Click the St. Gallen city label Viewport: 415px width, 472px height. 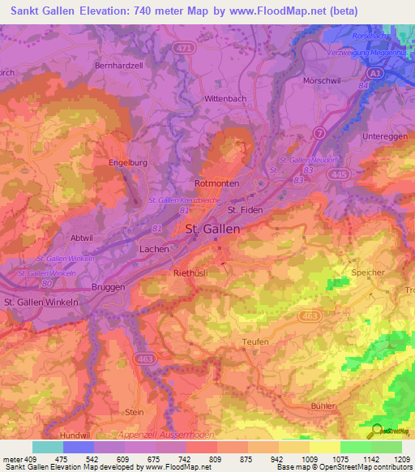(x=213, y=230)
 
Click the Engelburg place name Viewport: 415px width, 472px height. (x=126, y=162)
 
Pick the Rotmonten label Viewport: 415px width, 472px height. (x=217, y=184)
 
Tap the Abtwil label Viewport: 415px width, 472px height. (x=83, y=238)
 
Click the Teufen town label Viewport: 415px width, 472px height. (x=255, y=343)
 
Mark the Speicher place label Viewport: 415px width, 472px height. (x=368, y=272)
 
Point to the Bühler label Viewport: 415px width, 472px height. (x=322, y=405)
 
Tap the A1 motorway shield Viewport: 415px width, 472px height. (x=374, y=73)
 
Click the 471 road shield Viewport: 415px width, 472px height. (x=185, y=49)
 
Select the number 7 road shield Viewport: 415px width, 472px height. (x=320, y=131)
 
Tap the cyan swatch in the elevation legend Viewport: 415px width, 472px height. (x=47, y=447)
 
